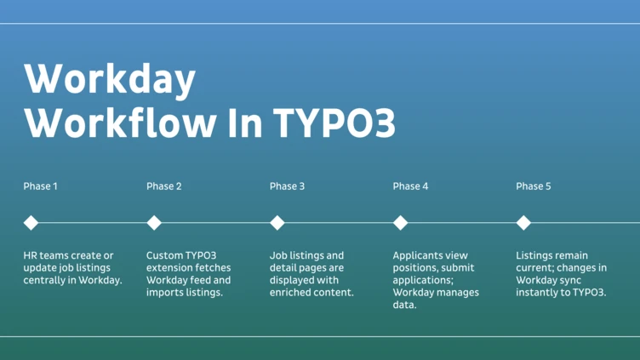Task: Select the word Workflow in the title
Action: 120,123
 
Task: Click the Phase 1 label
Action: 41,186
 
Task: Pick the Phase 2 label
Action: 164,186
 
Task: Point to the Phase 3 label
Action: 287,186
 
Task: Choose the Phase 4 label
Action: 410,186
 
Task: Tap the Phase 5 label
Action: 534,186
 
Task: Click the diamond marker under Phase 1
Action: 31,223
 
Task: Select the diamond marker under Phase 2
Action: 154,223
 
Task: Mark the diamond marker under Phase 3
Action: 277,223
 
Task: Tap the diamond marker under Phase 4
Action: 400,223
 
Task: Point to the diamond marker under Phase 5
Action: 523,223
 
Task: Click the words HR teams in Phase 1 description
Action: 50,255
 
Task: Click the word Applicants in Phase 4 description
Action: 420,255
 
